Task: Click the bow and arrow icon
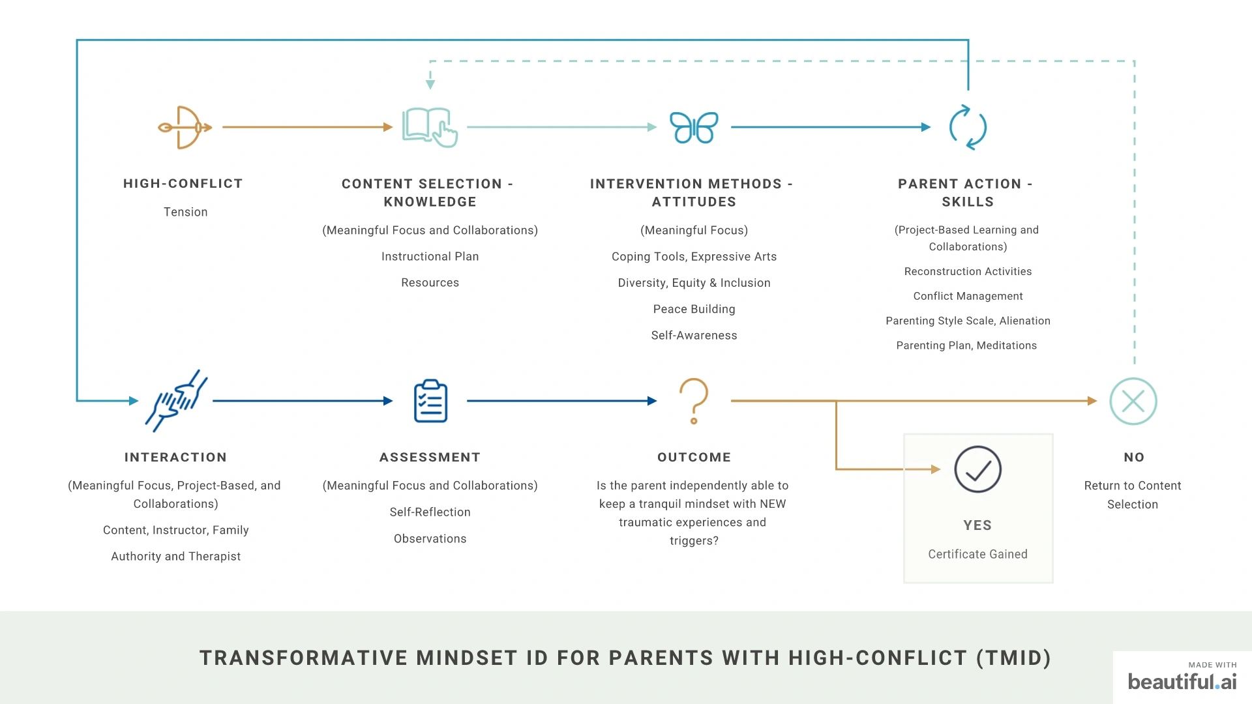185,127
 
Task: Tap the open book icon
430,127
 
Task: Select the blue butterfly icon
694,127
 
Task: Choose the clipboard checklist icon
430,401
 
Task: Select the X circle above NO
1133,402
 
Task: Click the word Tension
186,212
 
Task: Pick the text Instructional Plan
430,256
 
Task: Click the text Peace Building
694,309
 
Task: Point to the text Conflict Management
968,296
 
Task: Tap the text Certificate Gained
977,554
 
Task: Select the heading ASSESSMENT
430,457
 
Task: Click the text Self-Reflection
430,512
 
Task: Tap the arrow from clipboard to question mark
562,401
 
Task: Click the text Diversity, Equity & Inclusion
694,283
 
